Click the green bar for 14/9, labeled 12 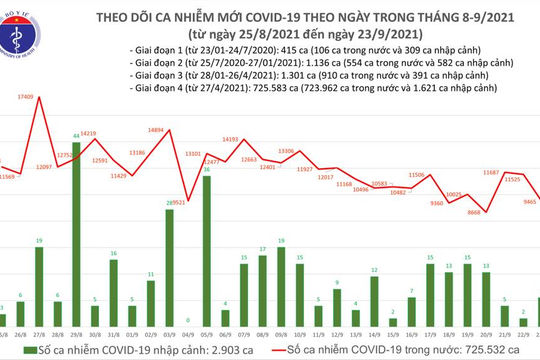tap(373, 296)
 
